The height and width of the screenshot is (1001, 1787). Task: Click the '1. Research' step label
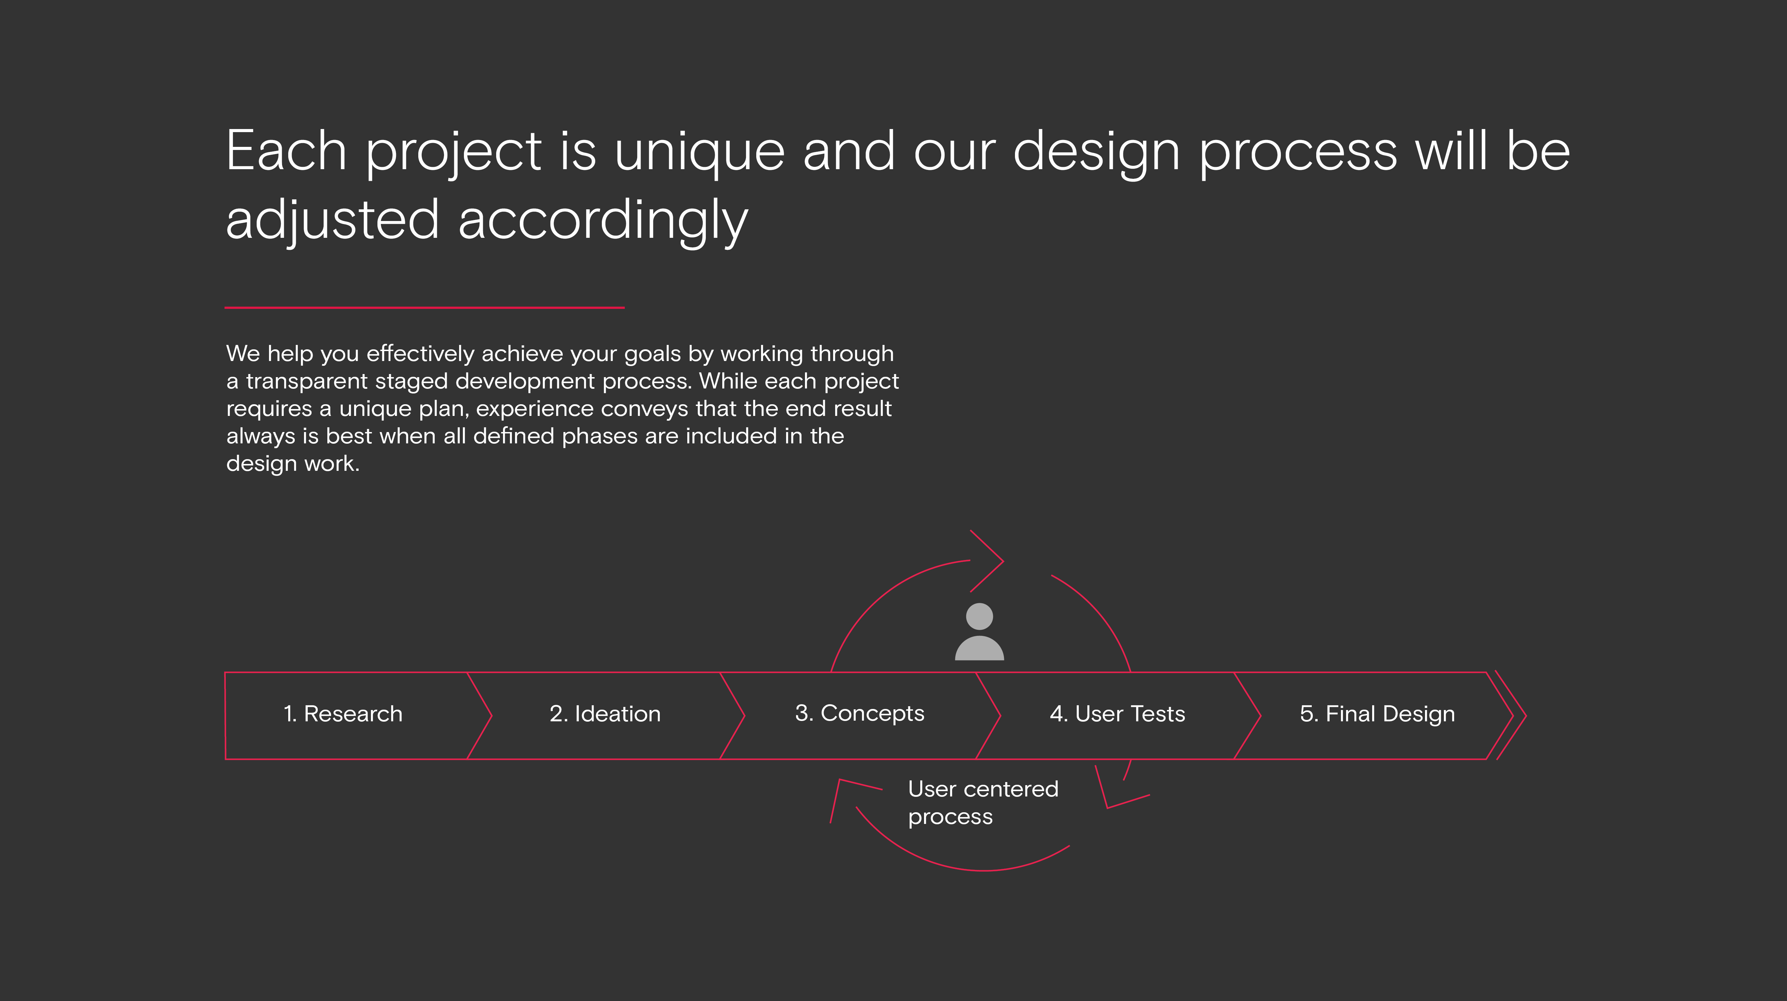[x=343, y=714]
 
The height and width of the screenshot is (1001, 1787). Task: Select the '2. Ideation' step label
[x=605, y=714]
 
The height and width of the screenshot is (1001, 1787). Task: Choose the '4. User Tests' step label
[x=1118, y=714]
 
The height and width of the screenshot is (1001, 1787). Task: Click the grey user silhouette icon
[x=980, y=631]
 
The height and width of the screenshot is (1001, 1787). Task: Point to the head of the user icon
[x=980, y=616]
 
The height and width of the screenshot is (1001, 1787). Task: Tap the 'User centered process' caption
[x=983, y=803]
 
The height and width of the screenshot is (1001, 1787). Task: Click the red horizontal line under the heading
[x=424, y=307]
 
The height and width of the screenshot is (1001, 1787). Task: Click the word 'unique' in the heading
[x=699, y=153]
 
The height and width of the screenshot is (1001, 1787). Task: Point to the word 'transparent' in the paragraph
[x=307, y=382]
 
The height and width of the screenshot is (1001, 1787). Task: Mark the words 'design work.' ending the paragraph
[x=293, y=464]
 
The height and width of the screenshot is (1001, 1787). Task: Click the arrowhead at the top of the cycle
[x=986, y=561]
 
